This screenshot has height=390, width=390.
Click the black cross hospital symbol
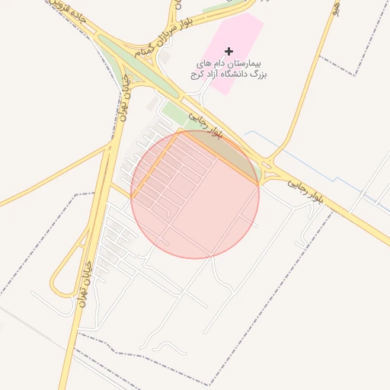click(x=229, y=50)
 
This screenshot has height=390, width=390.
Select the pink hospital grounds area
click(x=242, y=34)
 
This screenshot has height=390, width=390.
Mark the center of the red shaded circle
click(x=195, y=194)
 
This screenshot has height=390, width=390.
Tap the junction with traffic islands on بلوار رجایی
click(x=267, y=162)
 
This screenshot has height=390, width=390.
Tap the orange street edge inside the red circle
click(x=156, y=164)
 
